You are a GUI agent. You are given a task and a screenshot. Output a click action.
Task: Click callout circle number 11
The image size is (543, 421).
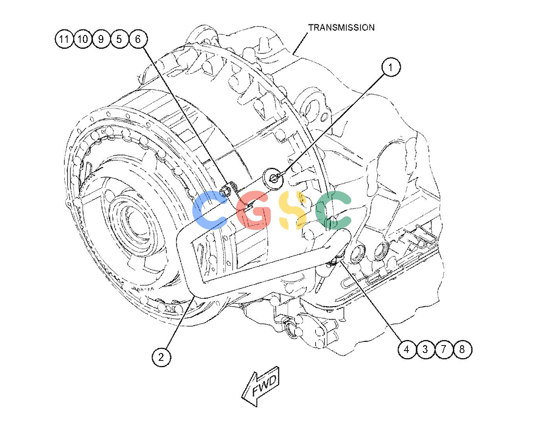(x=64, y=39)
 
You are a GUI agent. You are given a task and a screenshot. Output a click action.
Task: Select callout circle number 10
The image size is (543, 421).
(x=83, y=39)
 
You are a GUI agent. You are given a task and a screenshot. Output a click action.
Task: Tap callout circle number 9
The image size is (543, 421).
(x=101, y=39)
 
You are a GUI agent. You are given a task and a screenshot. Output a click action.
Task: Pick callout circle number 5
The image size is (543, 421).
(x=119, y=39)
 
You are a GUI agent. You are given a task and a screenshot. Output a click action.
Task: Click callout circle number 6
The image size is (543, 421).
(x=138, y=39)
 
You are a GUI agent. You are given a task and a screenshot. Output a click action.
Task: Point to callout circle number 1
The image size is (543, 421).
(x=391, y=67)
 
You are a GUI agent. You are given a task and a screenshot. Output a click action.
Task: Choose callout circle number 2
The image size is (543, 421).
(x=161, y=357)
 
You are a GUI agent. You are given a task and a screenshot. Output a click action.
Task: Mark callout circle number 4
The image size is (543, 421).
(x=407, y=349)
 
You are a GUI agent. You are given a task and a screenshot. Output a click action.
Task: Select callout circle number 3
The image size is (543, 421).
(x=425, y=349)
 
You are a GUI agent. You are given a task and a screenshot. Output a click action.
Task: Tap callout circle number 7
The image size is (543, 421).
(x=444, y=349)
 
